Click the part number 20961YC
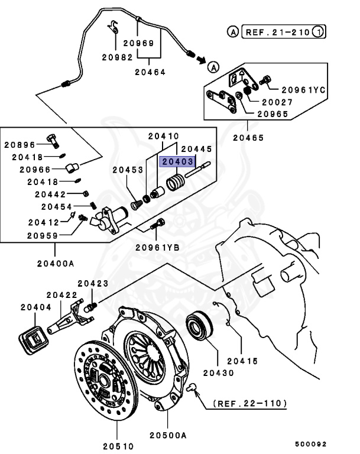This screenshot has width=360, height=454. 303,90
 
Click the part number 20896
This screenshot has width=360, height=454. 21,144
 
